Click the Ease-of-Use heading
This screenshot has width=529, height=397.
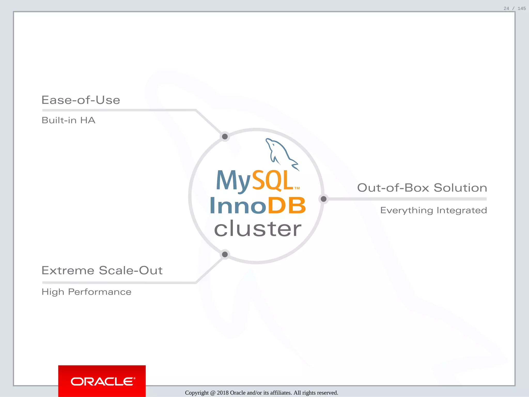[81, 100]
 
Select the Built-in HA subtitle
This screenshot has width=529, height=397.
[68, 120]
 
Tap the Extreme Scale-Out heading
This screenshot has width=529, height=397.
[102, 271]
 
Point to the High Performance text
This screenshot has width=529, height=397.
[87, 292]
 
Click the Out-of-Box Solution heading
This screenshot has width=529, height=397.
[422, 188]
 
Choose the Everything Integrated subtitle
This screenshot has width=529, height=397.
[433, 210]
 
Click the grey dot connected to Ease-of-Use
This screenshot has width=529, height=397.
[225, 136]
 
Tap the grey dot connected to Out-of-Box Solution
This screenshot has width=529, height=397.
[323, 199]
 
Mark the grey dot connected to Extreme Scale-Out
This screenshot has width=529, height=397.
[225, 254]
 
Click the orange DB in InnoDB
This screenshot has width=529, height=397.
[286, 206]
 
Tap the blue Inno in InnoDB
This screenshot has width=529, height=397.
[238, 206]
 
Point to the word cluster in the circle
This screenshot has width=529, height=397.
[258, 229]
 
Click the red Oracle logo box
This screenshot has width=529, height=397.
[102, 381]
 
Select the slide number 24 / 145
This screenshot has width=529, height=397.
[514, 9]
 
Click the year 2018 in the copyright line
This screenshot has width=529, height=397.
[223, 393]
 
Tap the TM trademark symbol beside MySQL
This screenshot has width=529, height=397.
[297, 188]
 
